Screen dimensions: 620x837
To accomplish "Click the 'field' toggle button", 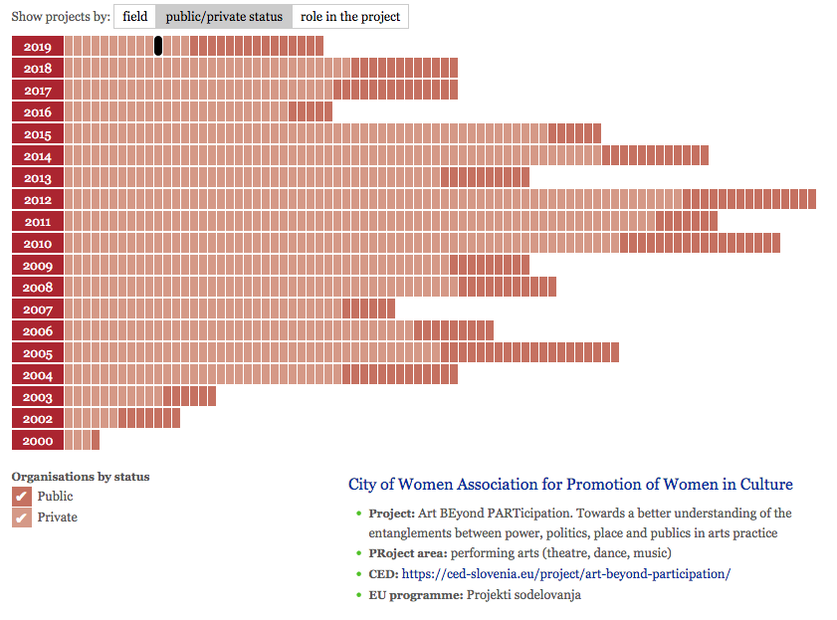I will (x=135, y=17).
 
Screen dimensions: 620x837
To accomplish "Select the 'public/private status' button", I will (x=224, y=17).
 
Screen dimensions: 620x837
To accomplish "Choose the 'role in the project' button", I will (x=350, y=17).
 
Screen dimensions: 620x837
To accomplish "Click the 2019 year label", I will (x=38, y=46).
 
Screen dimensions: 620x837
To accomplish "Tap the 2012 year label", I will (x=38, y=199).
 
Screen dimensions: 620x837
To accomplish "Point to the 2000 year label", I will (x=38, y=440).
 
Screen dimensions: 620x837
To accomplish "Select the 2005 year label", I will (x=38, y=352).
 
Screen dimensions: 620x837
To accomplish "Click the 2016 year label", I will (x=38, y=111).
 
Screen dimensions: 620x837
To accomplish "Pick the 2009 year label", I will (x=38, y=265).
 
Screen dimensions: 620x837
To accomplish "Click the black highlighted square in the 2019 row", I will (x=158, y=46).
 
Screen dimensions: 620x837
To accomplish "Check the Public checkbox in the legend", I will (x=21, y=496).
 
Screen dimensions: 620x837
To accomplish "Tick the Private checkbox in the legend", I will (x=21, y=517).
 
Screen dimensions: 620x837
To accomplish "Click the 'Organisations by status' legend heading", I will (x=81, y=477).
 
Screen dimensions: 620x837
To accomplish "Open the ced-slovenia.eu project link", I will (x=566, y=573).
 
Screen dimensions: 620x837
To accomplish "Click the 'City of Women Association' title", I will (x=570, y=485).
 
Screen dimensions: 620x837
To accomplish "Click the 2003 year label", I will (x=38, y=396).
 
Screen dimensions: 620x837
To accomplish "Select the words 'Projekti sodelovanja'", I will (x=523, y=594).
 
